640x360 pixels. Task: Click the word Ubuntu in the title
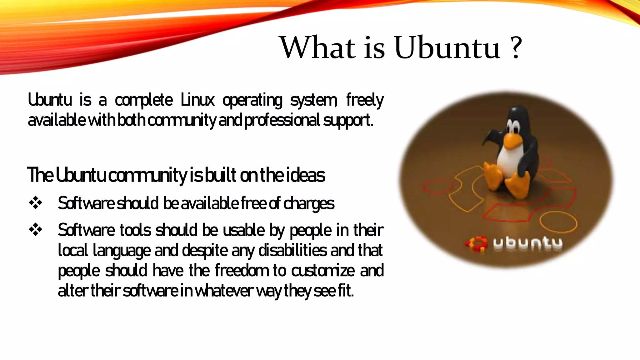click(x=447, y=48)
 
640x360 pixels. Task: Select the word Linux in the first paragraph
click(x=197, y=100)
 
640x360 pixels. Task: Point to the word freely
click(x=365, y=100)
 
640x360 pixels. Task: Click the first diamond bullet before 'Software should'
click(x=36, y=203)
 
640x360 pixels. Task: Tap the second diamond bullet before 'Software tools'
click(x=36, y=230)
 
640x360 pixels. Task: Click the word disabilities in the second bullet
click(x=292, y=250)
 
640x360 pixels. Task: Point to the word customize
click(x=323, y=271)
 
